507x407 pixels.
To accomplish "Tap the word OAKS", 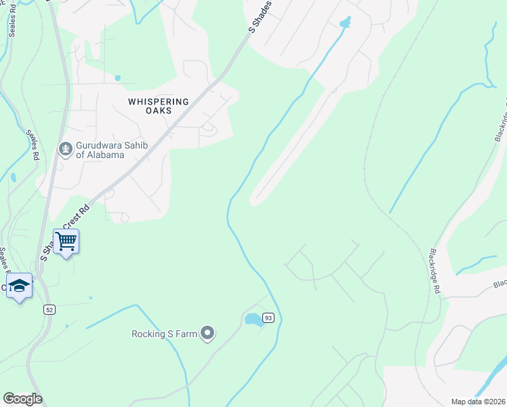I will point(158,111).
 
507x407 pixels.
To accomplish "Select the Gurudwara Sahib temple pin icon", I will point(66,148).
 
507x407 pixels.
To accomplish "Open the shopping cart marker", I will point(66,241).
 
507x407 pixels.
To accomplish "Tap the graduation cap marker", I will point(19,286).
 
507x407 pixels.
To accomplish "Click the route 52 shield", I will point(50,309).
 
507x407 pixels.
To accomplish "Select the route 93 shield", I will point(268,318).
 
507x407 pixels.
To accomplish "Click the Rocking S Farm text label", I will point(163,333).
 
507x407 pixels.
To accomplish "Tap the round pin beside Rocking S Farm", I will point(209,333).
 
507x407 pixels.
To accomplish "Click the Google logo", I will point(22,399).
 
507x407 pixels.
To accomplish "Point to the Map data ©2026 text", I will point(478,402).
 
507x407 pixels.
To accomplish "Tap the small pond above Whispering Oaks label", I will point(117,78).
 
